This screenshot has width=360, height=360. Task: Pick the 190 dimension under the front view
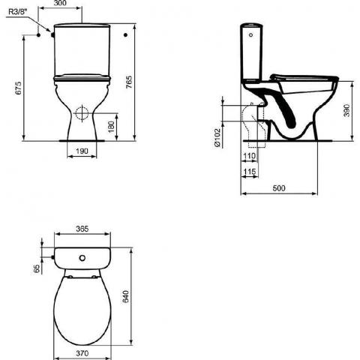click(x=83, y=151)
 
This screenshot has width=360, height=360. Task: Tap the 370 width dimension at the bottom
click(x=82, y=352)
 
